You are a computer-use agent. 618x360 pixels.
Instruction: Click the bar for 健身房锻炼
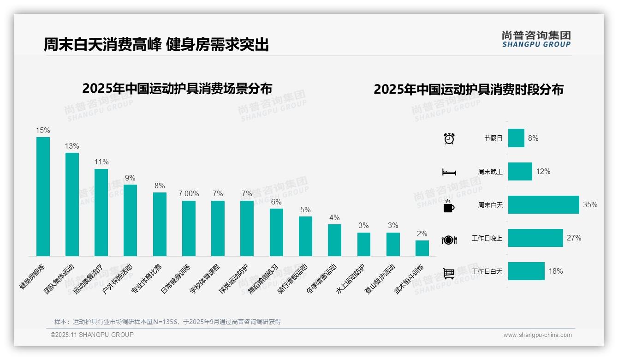pyautogui.click(x=43, y=197)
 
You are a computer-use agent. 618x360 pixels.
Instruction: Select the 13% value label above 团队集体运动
pyautogui.click(x=72, y=146)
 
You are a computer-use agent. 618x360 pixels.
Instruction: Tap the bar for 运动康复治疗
pyautogui.click(x=101, y=212)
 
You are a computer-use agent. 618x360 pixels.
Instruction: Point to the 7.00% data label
pyautogui.click(x=189, y=194)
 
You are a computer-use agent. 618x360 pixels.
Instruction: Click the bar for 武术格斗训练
pyautogui.click(x=422, y=248)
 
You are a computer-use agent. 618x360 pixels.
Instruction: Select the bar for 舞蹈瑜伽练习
pyautogui.click(x=276, y=232)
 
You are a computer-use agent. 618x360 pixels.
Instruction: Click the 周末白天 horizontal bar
pyautogui.click(x=543, y=205)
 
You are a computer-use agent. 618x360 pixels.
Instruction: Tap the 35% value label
pyautogui.click(x=590, y=205)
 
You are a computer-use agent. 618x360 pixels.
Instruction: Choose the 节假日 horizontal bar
pyautogui.click(x=516, y=138)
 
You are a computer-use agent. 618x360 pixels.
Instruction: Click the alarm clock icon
pyautogui.click(x=449, y=138)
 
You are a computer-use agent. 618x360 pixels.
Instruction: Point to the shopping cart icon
pyautogui.click(x=449, y=273)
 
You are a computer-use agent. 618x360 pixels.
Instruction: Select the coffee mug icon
pyautogui.click(x=449, y=206)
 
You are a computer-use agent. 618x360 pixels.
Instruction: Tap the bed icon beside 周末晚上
pyautogui.click(x=449, y=172)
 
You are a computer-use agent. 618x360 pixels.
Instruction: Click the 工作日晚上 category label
pyautogui.click(x=487, y=239)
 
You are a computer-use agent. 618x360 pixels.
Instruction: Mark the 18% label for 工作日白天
pyautogui.click(x=555, y=271)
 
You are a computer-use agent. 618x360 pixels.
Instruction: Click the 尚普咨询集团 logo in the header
pyautogui.click(x=536, y=39)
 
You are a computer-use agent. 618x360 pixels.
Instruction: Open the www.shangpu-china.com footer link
pyautogui.click(x=537, y=335)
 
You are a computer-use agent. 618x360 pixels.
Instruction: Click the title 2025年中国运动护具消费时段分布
pyautogui.click(x=468, y=90)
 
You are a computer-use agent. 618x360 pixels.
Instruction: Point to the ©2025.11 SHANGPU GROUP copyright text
pyautogui.click(x=92, y=335)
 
